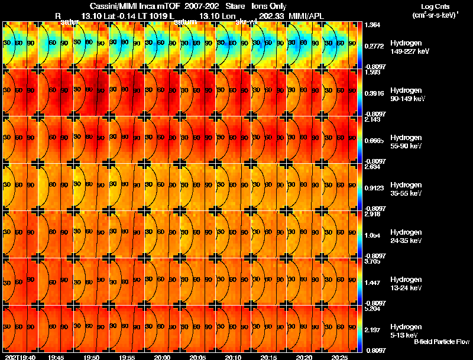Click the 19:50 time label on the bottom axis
[x=91, y=357]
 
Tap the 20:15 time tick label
[x=268, y=357]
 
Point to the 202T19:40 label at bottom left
[x=20, y=357]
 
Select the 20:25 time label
[x=339, y=357]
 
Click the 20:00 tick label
[x=162, y=357]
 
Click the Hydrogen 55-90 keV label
[x=405, y=141]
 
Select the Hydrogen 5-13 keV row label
[x=405, y=330]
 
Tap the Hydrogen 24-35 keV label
[x=405, y=236]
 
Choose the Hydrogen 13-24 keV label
[x=405, y=283]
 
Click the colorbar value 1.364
[x=372, y=25]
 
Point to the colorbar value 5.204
[x=372, y=309]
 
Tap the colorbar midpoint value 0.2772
[x=372, y=45]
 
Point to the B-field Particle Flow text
[x=442, y=342]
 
